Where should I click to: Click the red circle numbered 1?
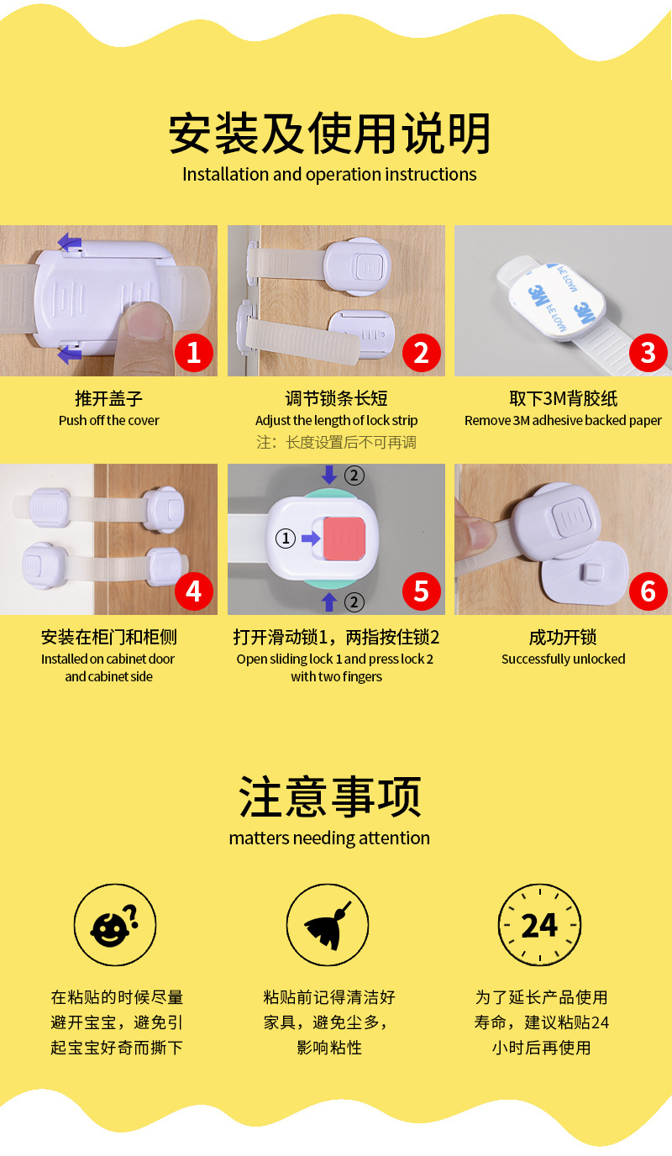pos(194,352)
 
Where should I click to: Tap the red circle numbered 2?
pos(422,352)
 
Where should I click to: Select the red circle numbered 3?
pos(648,352)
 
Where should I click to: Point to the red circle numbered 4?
pos(194,591)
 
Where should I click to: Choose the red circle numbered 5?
pos(422,591)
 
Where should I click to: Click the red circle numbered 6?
pos(648,591)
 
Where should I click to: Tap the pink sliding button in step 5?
pos(344,539)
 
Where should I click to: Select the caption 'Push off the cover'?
pos(109,421)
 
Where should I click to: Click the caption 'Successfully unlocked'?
pos(563,659)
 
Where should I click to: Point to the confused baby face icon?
pos(115,925)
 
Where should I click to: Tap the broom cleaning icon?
pos(328,925)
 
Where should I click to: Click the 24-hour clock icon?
pos(539,925)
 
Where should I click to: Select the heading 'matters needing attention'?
pos(329,838)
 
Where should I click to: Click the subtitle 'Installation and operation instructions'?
pos(329,175)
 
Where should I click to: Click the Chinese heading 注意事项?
pos(329,797)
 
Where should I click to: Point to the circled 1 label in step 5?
pos(286,539)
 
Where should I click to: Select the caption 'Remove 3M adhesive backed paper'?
pos(563,421)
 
